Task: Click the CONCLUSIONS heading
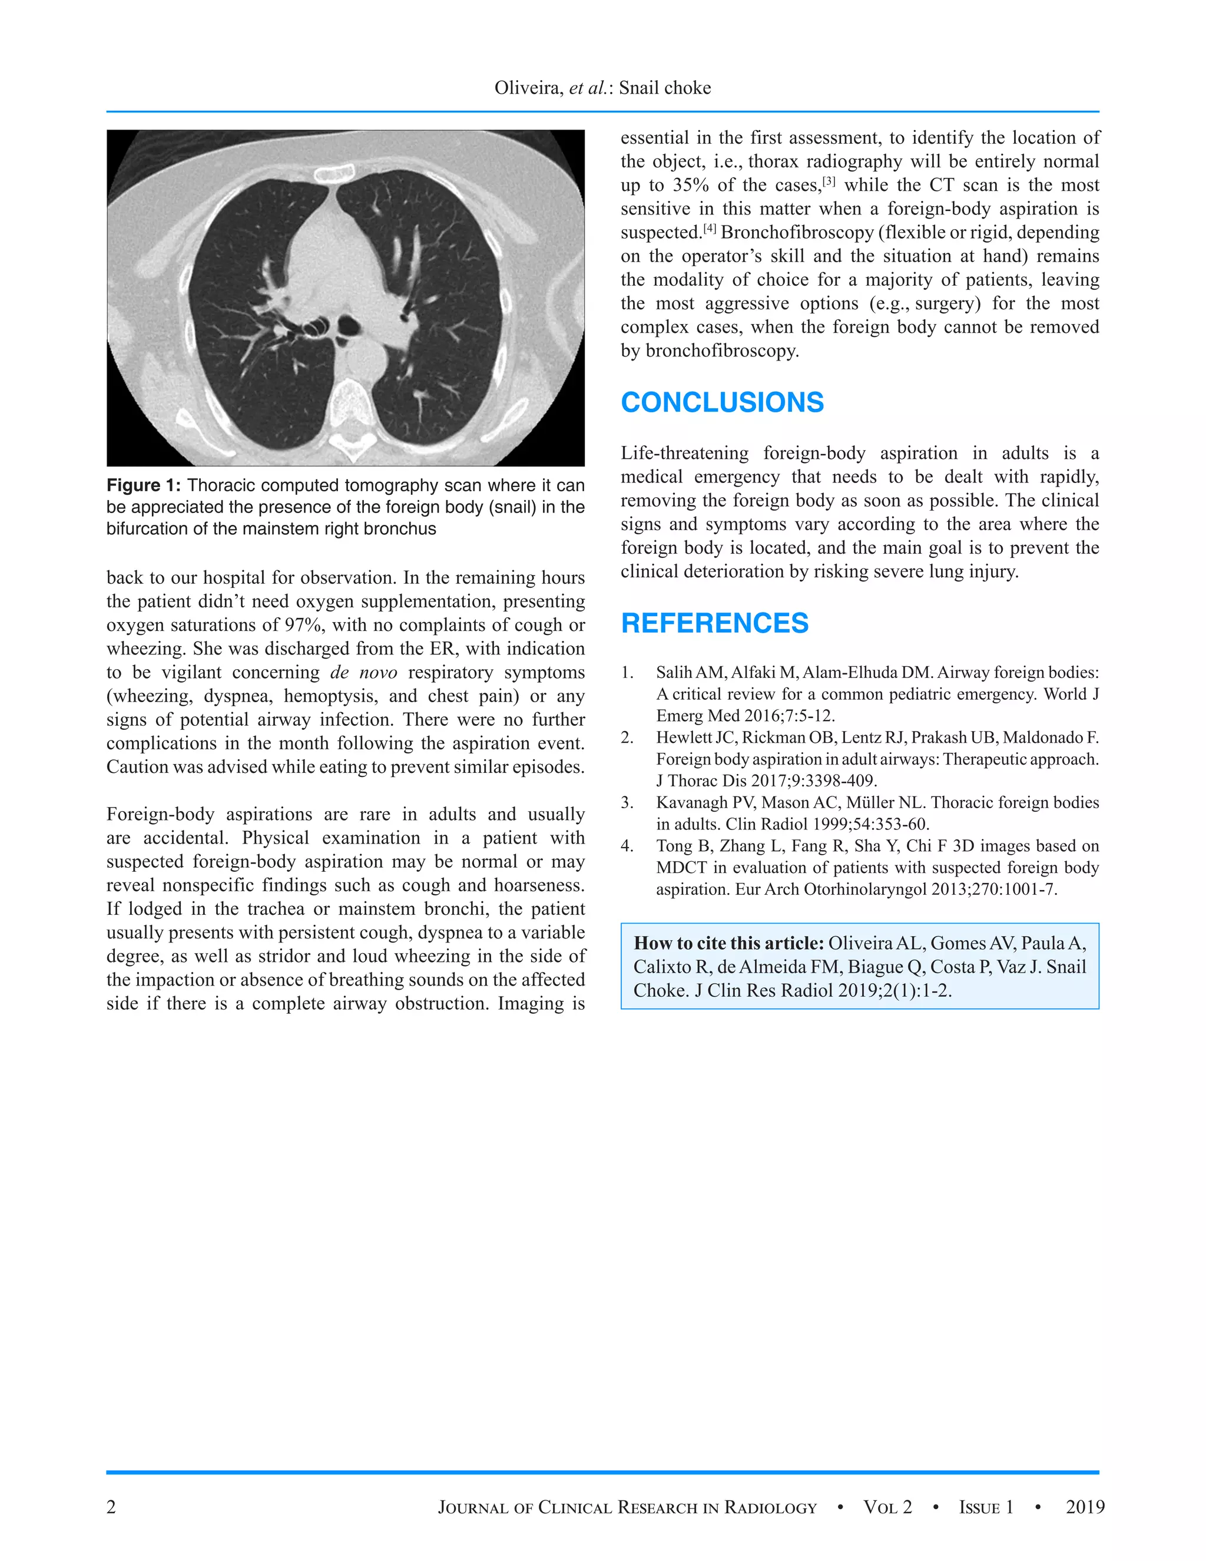[723, 402]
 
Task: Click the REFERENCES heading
[714, 623]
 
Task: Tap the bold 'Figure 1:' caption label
[144, 485]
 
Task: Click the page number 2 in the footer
[111, 1507]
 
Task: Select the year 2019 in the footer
[1085, 1507]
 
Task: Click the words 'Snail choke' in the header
[664, 88]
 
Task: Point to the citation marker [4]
[710, 229]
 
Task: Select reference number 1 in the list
[627, 673]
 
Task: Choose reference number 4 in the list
[627, 846]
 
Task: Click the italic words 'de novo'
[364, 673]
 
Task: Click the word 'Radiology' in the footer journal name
[770, 1507]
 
